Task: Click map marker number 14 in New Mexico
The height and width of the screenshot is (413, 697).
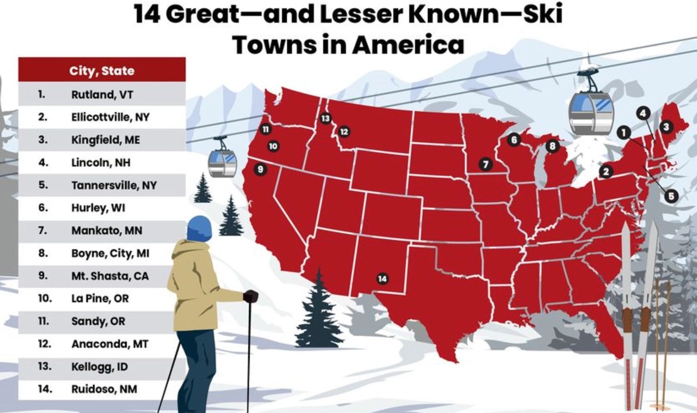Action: coord(382,279)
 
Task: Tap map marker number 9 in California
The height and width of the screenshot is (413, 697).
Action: coord(260,170)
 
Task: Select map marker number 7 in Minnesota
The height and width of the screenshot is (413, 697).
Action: coord(485,164)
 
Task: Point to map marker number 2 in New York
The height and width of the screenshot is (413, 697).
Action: coord(606,171)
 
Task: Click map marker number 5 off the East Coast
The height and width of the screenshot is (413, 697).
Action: coord(671,196)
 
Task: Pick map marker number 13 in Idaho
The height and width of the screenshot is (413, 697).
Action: coord(326,119)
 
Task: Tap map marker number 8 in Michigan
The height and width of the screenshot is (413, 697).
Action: coord(552,146)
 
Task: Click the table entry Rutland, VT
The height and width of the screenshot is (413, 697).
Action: coord(102,95)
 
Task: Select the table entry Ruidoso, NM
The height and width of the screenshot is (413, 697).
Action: coord(104,389)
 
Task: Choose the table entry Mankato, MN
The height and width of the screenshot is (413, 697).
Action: coord(106,231)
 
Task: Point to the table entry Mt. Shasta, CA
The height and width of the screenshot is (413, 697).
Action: coord(109,276)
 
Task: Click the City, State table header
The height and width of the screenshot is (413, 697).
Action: coord(102,71)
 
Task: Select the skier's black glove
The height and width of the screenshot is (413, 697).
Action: coord(251,296)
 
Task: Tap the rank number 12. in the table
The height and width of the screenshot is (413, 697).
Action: coord(44,344)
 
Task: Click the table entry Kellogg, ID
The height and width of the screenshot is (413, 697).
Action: coord(99,366)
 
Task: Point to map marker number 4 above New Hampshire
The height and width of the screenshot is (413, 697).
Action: coord(643,113)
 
